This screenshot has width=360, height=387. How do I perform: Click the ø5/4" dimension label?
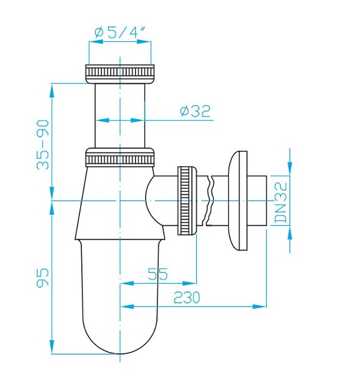point(121,31)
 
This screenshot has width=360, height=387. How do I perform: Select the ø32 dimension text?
point(194,111)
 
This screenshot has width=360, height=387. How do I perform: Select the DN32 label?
point(281,201)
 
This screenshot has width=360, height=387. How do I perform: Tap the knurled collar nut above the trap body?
point(119,156)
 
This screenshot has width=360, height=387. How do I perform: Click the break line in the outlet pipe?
point(211,200)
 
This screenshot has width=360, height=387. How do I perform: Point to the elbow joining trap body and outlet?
point(157,200)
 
